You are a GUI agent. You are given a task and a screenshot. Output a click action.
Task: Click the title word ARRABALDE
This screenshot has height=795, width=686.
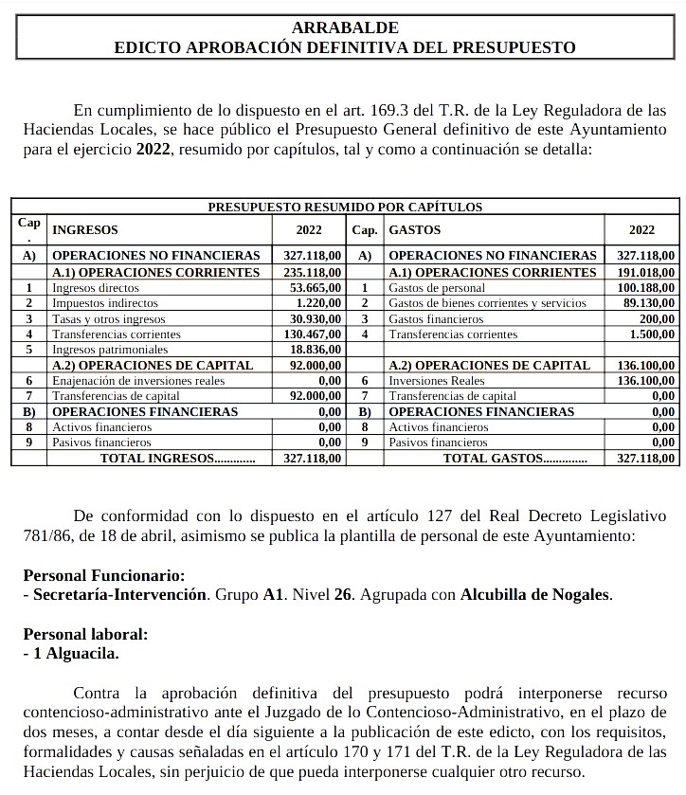point(344,27)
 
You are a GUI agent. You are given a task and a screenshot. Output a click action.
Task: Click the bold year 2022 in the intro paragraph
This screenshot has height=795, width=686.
point(153,150)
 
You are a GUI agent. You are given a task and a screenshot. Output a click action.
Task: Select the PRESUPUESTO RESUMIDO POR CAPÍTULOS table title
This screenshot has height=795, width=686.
point(345,206)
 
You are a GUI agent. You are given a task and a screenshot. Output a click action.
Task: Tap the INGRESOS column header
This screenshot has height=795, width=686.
point(85,230)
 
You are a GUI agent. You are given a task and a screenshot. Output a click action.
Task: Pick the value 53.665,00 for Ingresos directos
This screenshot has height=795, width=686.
point(313,288)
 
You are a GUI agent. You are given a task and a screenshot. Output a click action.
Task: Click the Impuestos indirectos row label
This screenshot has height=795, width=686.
point(105,303)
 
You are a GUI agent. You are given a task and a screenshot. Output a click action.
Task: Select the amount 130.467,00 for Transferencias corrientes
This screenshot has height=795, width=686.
point(310,334)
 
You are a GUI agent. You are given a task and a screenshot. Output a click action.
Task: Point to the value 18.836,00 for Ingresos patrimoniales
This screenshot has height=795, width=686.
point(313,350)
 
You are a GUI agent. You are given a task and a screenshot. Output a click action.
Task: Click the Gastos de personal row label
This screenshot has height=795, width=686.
point(437,288)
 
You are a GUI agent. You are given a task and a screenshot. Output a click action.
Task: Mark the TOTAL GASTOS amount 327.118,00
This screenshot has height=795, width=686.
point(645,459)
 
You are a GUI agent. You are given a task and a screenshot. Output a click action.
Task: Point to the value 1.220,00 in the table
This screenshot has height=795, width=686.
point(316,303)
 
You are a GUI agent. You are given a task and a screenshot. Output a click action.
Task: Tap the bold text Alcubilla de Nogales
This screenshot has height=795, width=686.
point(535,595)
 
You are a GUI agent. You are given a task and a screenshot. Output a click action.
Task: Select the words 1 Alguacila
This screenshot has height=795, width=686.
point(75,653)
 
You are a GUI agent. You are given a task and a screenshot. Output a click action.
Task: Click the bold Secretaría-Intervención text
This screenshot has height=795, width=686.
point(120,595)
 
